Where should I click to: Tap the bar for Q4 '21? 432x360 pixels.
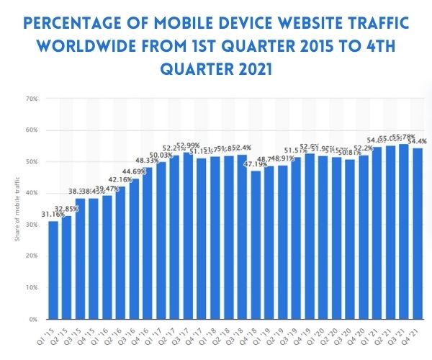[417, 233]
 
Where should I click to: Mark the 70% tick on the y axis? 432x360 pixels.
[32, 99]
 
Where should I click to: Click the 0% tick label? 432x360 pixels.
[33, 319]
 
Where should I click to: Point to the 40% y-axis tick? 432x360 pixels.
[32, 193]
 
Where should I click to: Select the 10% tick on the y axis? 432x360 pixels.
[32, 287]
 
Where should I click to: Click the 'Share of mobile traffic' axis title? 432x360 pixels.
[16, 209]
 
